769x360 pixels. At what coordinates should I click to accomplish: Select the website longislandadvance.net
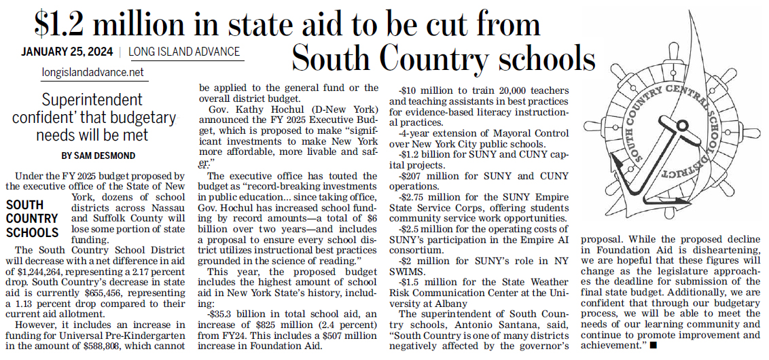coord(93,72)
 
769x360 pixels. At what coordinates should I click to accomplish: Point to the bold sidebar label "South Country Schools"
coord(32,219)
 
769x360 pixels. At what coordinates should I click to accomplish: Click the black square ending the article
coord(653,346)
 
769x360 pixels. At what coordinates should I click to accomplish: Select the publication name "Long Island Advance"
coord(184,52)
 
